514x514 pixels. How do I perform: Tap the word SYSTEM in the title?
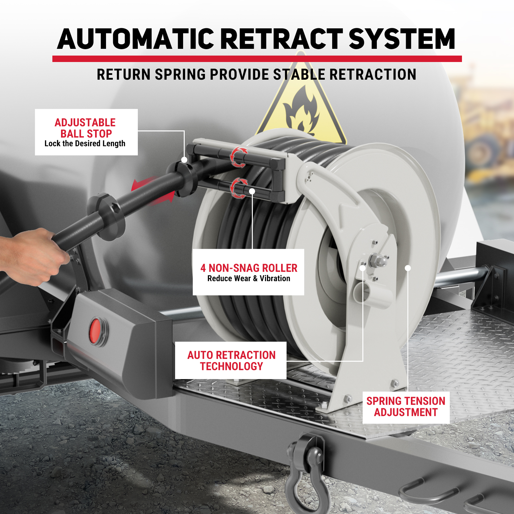click(402, 39)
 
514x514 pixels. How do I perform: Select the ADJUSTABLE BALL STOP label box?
click(86, 132)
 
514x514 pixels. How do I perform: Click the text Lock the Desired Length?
click(85, 144)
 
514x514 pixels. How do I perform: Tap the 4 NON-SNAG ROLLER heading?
click(249, 268)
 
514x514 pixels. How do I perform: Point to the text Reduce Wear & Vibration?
click(249, 279)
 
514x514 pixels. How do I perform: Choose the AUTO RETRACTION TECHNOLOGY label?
click(231, 360)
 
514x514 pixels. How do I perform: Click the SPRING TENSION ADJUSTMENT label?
click(406, 407)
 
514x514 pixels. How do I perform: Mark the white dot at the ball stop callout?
click(184, 160)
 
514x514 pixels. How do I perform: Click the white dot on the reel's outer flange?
click(408, 268)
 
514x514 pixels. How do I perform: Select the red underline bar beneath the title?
click(257, 59)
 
